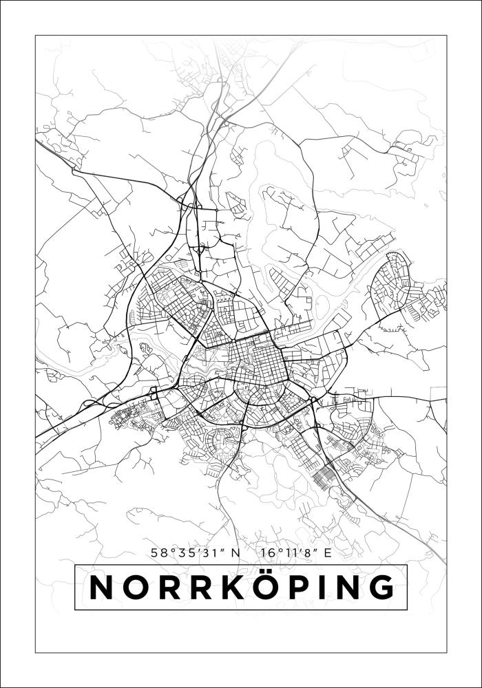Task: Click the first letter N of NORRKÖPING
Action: pos(103,588)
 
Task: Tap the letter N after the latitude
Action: pos(235,552)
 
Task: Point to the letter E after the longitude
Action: pos(328,552)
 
